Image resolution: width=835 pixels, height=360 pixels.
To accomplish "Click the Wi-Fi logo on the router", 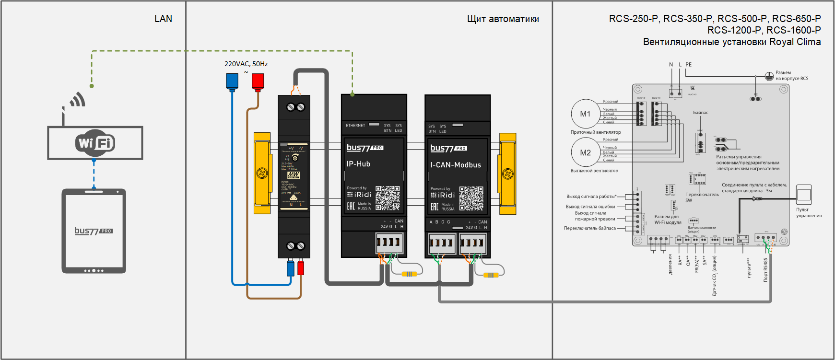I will click(x=95, y=143).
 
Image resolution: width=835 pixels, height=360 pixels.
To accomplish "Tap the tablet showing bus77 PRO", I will click(x=94, y=231).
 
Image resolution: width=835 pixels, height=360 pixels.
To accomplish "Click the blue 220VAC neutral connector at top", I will click(x=232, y=81).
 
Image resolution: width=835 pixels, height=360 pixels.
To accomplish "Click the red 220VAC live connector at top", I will click(x=258, y=81).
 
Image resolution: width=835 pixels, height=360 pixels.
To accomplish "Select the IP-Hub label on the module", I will click(x=358, y=164).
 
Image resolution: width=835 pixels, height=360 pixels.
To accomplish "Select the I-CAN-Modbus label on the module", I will click(x=456, y=165).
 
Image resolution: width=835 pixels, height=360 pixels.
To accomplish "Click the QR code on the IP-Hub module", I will click(x=388, y=198).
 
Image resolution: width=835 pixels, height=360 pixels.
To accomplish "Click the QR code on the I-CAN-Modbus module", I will click(x=471, y=198).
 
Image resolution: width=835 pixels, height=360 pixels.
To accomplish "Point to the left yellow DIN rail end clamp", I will click(x=262, y=173).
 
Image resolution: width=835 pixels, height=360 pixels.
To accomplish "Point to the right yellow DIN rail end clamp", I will click(x=507, y=174).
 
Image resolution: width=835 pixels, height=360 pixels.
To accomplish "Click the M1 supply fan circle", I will click(x=585, y=114).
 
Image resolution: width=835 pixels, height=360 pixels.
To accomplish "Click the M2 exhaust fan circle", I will click(x=585, y=153).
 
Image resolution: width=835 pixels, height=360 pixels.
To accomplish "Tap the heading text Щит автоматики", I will click(x=503, y=19).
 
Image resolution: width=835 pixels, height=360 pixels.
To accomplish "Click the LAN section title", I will click(x=163, y=19).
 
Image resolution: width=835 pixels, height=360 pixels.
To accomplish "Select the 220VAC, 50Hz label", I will click(x=246, y=64).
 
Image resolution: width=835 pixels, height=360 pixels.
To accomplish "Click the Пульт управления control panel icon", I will click(x=804, y=195).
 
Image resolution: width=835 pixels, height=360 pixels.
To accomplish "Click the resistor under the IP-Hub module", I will click(x=409, y=274).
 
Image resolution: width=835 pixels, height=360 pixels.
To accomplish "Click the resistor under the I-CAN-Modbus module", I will click(x=491, y=275).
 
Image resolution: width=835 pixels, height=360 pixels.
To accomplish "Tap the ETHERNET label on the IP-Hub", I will click(x=355, y=126).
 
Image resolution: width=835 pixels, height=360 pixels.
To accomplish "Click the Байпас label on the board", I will click(x=700, y=113).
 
